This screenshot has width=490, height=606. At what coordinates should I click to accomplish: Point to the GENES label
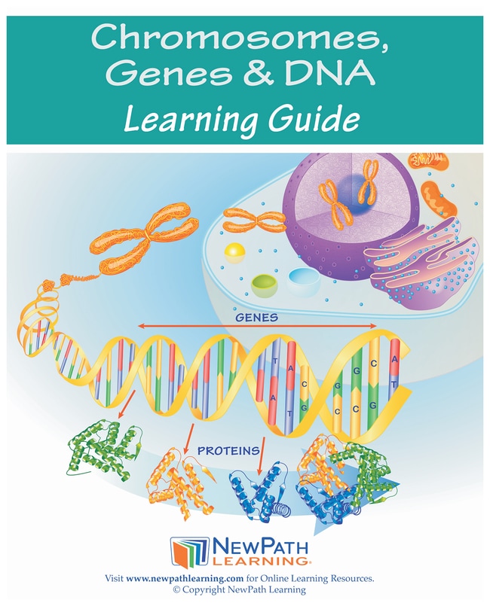pyautogui.click(x=256, y=317)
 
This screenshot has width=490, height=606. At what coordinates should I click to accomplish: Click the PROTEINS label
pyautogui.click(x=228, y=451)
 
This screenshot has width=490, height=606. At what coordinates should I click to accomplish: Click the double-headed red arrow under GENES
pyautogui.click(x=257, y=327)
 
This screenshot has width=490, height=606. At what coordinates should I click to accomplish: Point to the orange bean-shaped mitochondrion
pyautogui.click(x=439, y=199)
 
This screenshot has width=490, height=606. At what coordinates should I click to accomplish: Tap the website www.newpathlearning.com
pyautogui.click(x=185, y=579)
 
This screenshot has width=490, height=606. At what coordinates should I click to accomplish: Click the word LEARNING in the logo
pyautogui.click(x=259, y=561)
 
